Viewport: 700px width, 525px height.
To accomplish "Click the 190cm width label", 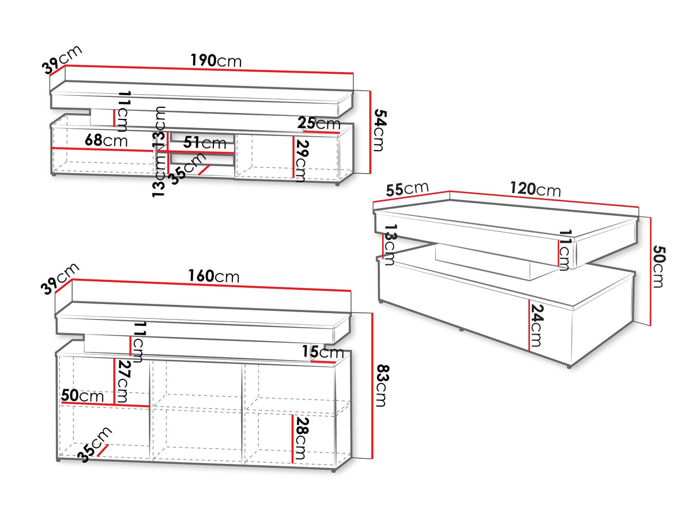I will pos(216,61).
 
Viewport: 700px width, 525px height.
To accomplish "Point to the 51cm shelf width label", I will pos(205,142).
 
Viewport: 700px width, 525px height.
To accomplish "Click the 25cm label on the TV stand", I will pos(319,123).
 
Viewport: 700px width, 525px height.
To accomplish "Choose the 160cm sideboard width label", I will pos(213,276).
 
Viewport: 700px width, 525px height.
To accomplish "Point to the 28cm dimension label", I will pos(300,438).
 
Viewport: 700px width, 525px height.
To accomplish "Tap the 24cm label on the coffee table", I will pos(536,327).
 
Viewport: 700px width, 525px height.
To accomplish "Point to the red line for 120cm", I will pos(544,199).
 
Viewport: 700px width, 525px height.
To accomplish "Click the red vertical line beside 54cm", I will pos(370,132).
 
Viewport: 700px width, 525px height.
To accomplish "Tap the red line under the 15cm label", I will pos(323,362).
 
